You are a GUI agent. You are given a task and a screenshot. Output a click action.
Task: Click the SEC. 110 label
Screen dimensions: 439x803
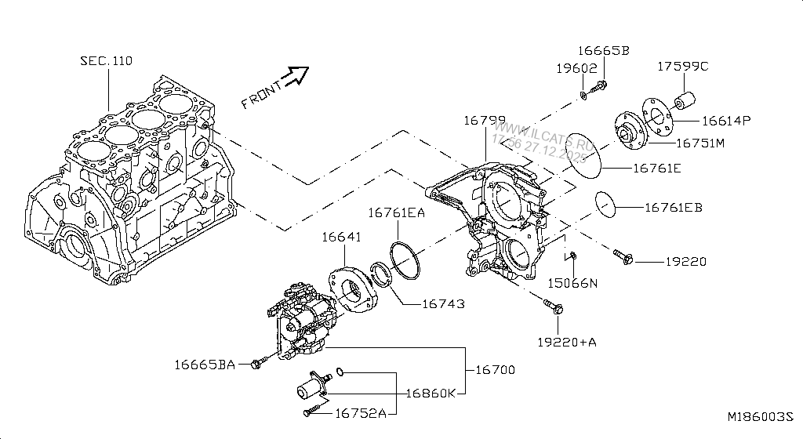click(106, 60)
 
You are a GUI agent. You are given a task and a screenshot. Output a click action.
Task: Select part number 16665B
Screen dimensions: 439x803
click(604, 51)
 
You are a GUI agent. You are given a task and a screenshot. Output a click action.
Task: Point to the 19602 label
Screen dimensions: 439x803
click(577, 68)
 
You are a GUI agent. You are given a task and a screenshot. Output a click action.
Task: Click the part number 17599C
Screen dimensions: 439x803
click(682, 67)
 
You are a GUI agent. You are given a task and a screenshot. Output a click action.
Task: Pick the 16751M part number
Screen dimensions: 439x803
click(699, 143)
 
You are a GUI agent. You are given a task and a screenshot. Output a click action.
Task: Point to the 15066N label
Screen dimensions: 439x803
click(572, 282)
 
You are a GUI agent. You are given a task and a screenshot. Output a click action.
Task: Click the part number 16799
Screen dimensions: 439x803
click(484, 120)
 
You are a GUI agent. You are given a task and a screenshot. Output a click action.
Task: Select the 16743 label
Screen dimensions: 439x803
click(444, 303)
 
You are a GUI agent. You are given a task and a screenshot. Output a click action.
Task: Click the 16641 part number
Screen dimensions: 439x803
click(341, 237)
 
